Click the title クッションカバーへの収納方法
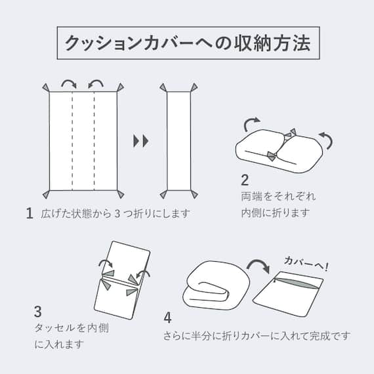pos(187,43)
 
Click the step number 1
pos(30,213)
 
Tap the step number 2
pos(245,179)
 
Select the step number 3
pos(38,311)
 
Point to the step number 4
pos(167,318)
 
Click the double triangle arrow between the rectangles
pos(140,140)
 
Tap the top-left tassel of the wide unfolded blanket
pos(45,87)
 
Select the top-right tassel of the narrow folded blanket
pos(194,87)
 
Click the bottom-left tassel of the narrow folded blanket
pos(163,194)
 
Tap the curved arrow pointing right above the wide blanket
pos(68,83)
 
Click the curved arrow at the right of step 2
pos(325,138)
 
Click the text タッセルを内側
pos(63,327)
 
